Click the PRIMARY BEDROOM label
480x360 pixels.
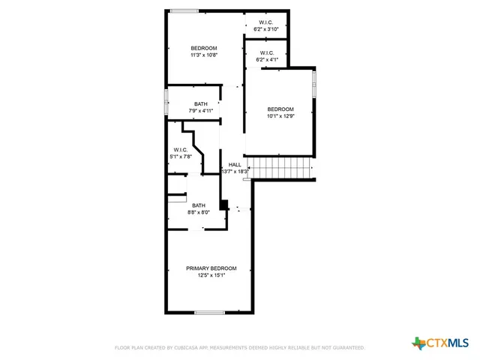point(211,268)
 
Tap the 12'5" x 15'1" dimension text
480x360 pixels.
point(211,276)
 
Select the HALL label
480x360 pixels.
point(235,164)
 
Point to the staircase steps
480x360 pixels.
point(280,168)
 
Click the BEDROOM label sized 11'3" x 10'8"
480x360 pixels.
point(203,48)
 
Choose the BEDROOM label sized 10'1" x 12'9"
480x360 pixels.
point(280,109)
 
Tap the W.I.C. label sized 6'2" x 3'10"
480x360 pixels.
point(267,22)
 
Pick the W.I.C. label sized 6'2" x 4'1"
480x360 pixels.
point(267,52)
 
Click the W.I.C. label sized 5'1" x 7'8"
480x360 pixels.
point(180,149)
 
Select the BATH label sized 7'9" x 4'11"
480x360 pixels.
point(200,104)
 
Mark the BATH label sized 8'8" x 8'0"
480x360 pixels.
point(198,205)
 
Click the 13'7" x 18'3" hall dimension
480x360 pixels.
point(235,172)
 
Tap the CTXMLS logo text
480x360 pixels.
point(448,343)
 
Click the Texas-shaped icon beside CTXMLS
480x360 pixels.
point(419,343)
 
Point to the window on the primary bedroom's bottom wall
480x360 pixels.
point(210,313)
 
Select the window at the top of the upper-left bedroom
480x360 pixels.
point(184,10)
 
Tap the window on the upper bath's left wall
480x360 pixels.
point(166,103)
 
